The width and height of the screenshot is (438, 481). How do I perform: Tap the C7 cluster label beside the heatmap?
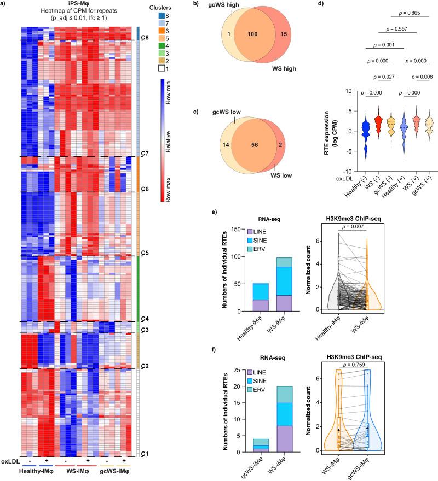click(145, 154)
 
